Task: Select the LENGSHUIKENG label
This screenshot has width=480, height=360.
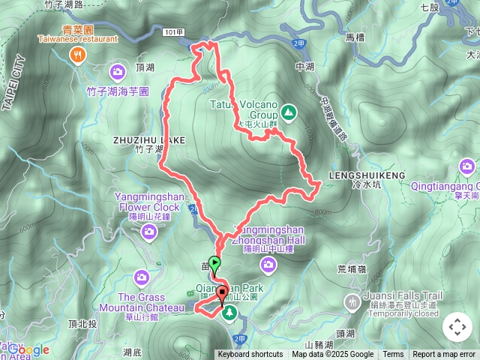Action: tap(367, 175)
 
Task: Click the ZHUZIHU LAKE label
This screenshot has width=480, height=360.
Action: tap(148, 139)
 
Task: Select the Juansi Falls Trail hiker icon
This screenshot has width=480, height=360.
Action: tap(351, 301)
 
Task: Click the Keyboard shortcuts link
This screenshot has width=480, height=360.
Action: tap(250, 355)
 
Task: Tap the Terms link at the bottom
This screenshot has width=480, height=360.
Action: tap(393, 355)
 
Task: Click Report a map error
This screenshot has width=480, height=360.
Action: tap(444, 355)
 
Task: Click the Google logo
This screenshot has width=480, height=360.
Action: tap(28, 349)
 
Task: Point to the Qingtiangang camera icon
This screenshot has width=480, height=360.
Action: tap(469, 167)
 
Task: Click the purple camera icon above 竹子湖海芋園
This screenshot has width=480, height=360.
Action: tap(118, 73)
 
